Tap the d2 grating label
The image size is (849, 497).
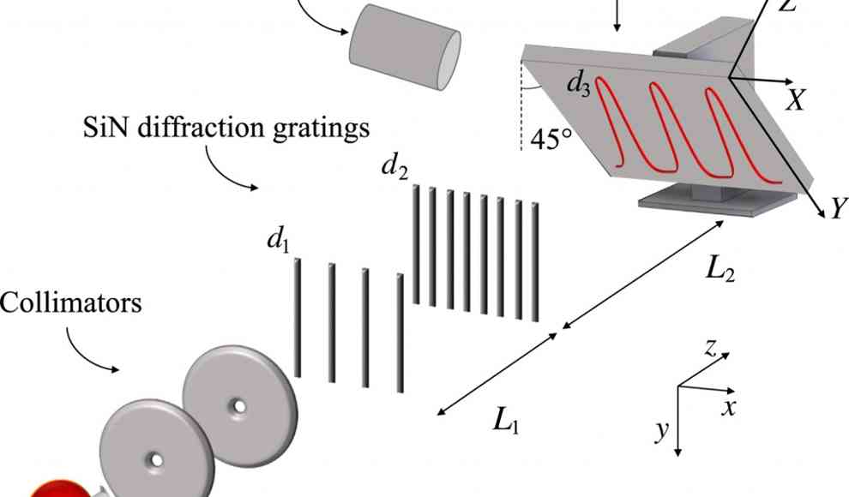394,167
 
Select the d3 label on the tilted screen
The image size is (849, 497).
579,86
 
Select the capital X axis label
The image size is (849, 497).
796,101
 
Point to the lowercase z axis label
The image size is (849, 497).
710,347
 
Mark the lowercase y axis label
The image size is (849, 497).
661,431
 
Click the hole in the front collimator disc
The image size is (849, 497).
156,460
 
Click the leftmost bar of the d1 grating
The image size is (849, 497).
298,317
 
